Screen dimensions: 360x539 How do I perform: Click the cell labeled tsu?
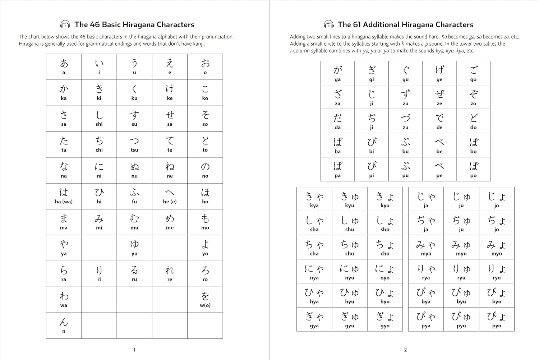[x=134, y=144]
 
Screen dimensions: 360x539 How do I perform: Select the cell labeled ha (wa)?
[x=64, y=196]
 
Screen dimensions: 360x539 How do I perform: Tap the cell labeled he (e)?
[x=170, y=196]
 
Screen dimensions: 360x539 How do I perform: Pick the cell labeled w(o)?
[x=205, y=300]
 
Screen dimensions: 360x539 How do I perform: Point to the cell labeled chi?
[x=99, y=144]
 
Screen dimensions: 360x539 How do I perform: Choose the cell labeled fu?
[x=134, y=196]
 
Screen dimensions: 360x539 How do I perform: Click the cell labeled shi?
[x=99, y=119]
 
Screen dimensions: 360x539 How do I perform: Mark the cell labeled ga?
[x=337, y=73]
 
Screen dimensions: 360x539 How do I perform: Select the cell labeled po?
[x=473, y=169]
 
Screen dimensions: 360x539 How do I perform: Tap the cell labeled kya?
[x=314, y=199]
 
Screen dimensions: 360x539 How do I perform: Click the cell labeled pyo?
[x=497, y=319]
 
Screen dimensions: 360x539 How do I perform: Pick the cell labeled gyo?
[x=385, y=319]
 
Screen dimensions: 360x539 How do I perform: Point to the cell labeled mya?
[x=426, y=247]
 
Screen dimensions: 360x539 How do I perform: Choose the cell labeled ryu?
[x=461, y=271]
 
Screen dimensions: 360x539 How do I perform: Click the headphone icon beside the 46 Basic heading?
[x=65, y=24]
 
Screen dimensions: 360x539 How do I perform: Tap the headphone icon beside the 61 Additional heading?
[x=328, y=24]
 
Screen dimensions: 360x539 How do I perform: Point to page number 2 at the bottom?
[x=405, y=350]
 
